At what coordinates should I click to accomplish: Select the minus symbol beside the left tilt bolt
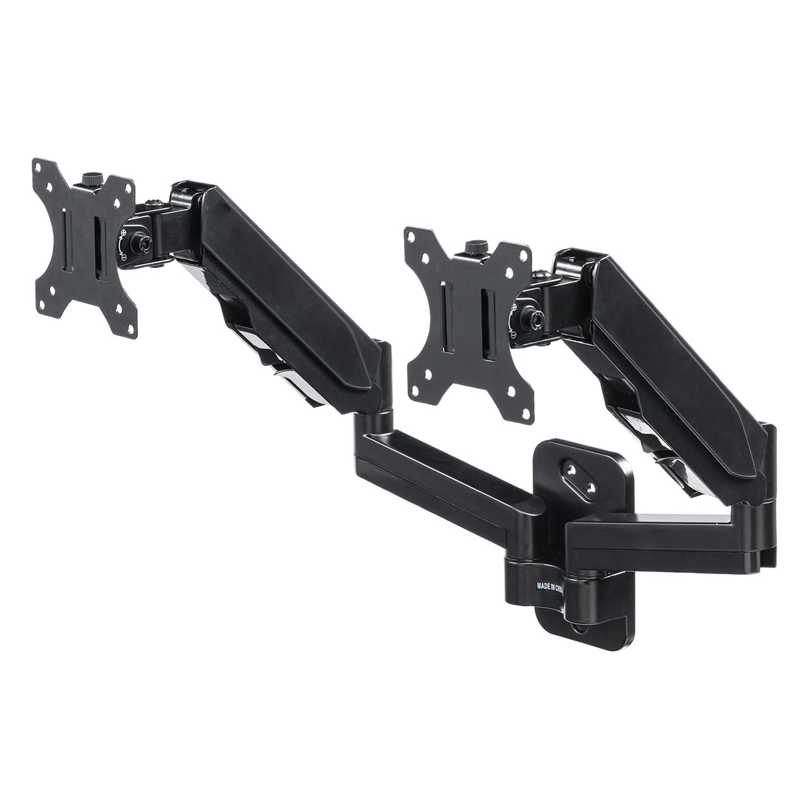(x=126, y=258)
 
